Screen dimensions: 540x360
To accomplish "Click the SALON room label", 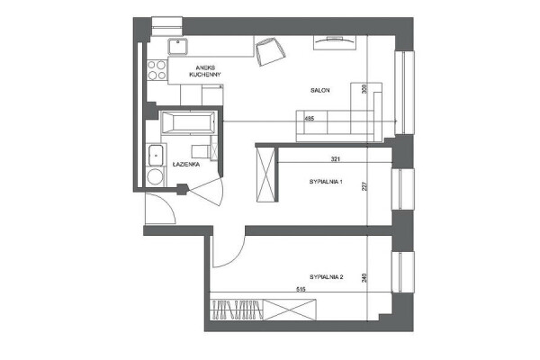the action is click(319, 90).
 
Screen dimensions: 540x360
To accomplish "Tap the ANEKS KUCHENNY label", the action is click(205, 71).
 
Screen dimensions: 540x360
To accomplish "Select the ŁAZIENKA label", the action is click(186, 165).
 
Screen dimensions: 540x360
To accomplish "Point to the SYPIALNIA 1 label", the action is click(326, 182).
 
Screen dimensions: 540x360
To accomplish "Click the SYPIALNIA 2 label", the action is click(326, 276).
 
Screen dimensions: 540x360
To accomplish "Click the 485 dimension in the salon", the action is click(310, 119).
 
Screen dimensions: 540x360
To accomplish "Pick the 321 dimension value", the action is click(336, 158).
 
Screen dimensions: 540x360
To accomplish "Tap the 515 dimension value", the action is click(301, 290).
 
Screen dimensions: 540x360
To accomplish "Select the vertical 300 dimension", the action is click(364, 89).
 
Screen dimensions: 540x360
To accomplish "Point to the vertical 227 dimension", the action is click(364, 186).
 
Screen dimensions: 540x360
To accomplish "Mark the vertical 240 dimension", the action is click(364, 278).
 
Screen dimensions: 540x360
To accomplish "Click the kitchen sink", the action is click(177, 47).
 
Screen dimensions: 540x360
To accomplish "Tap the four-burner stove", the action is click(157, 70).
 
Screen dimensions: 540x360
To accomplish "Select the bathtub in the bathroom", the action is click(188, 122).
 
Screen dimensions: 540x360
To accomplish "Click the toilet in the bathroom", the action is click(202, 151).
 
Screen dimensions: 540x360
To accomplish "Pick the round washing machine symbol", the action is click(155, 176).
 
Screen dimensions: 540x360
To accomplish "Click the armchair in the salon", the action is click(270, 51).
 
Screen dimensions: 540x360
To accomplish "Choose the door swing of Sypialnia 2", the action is click(229, 251).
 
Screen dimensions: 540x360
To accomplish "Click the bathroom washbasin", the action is click(156, 156).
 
